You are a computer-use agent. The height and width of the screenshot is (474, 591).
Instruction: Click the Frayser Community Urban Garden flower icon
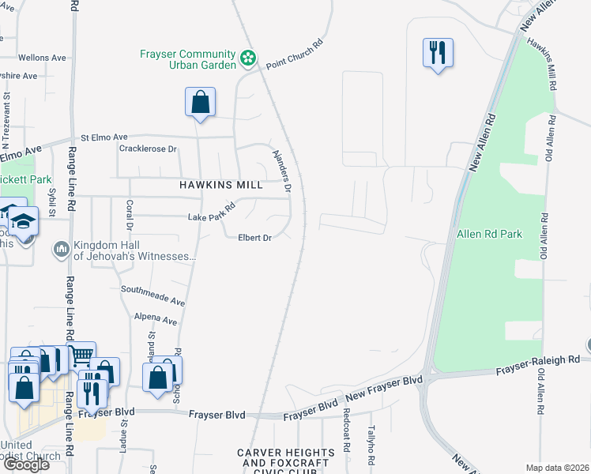click(x=248, y=58)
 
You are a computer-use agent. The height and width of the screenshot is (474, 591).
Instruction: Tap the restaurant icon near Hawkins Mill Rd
click(x=438, y=53)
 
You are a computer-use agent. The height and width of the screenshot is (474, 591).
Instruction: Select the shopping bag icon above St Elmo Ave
click(x=200, y=102)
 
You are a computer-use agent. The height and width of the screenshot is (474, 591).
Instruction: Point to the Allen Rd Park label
click(x=489, y=234)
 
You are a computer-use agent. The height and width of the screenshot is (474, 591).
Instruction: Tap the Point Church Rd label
click(x=295, y=55)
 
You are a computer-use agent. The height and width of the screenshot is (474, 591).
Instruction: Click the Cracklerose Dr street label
click(x=148, y=149)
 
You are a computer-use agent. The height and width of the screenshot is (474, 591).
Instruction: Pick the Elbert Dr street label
click(x=255, y=237)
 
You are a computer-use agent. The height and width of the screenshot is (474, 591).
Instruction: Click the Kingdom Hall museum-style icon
click(x=62, y=250)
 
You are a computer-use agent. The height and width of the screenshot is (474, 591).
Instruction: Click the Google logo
click(x=26, y=465)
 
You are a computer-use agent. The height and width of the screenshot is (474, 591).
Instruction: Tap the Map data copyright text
click(x=557, y=468)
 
